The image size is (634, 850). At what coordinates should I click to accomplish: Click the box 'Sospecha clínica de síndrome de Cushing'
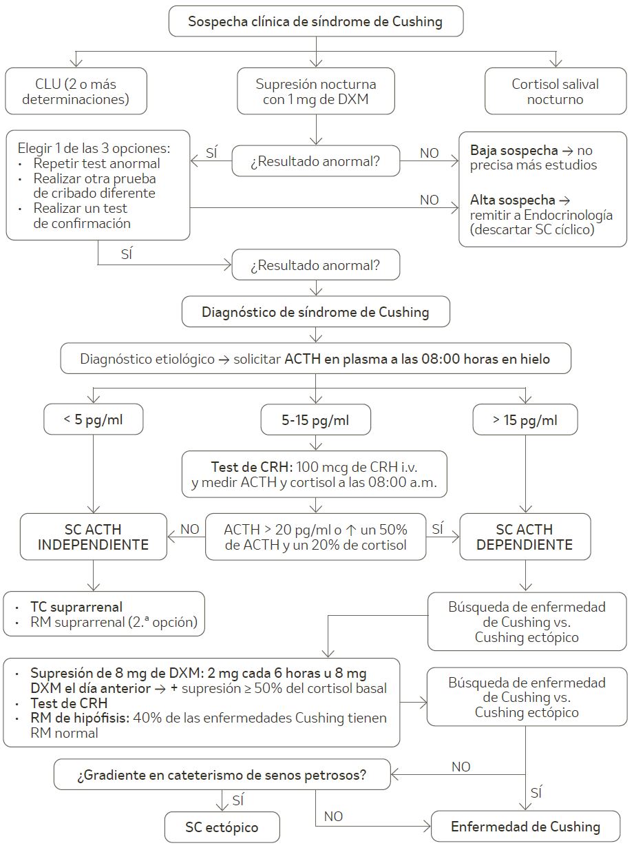316,21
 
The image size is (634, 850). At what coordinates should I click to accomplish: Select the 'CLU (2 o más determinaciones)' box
76,92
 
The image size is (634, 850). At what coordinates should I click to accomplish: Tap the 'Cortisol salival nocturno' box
555,92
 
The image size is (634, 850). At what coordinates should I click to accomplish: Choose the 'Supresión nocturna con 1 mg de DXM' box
316,92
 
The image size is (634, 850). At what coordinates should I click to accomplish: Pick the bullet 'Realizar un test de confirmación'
81,216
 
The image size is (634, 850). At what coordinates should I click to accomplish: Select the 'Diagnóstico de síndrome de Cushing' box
315,312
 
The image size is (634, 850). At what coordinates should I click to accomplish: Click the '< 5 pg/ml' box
94,419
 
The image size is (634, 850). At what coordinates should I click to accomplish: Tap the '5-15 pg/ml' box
315,419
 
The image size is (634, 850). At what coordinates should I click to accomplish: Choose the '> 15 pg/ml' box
525,419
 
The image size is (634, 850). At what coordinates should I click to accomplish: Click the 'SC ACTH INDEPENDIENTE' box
93,537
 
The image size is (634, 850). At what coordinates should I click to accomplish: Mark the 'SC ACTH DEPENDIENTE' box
525,537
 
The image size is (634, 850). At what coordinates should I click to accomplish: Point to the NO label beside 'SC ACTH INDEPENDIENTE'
189,529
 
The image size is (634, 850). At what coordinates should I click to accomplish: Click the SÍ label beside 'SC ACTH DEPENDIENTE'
437,529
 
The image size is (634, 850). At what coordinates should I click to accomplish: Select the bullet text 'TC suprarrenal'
76,607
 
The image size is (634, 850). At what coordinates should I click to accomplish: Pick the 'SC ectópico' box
222,827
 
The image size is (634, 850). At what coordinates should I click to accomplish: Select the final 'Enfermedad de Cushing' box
525,827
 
